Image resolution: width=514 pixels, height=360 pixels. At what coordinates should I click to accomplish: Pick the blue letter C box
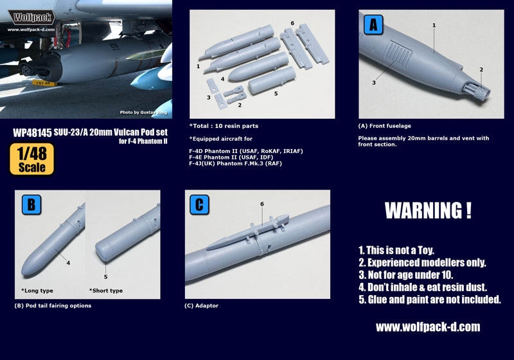(201, 205)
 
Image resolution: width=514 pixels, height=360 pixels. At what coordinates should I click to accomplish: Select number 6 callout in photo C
(261, 204)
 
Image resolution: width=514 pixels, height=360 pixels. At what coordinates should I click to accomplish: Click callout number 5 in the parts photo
(276, 93)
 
